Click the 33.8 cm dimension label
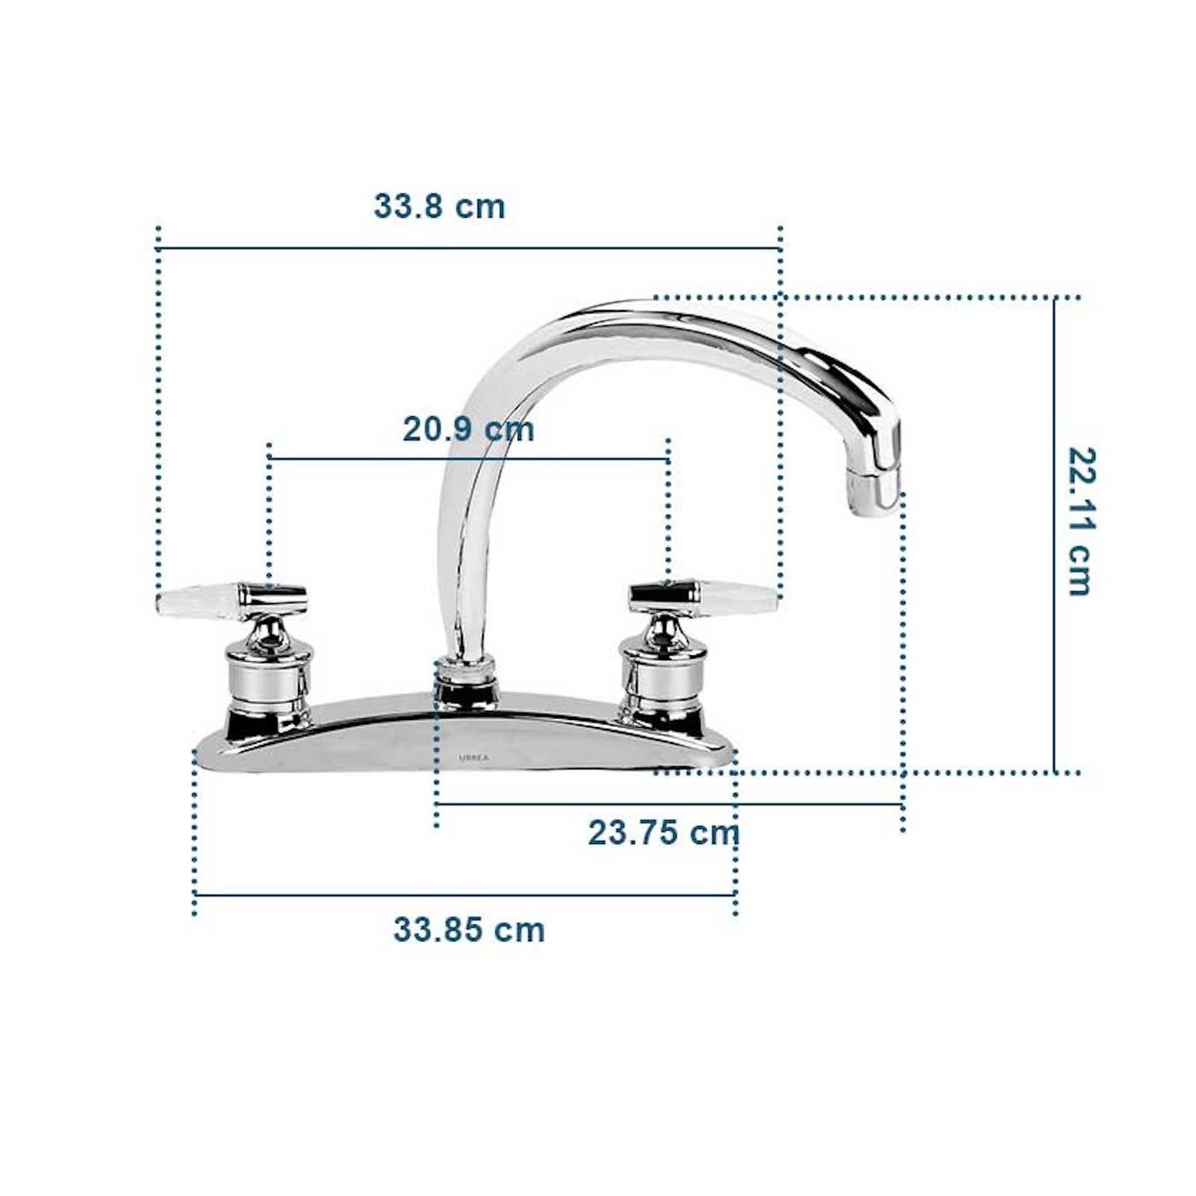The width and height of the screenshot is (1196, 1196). (x=439, y=207)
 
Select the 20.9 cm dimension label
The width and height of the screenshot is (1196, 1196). (x=468, y=429)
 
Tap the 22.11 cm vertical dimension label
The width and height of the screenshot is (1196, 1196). (x=1080, y=521)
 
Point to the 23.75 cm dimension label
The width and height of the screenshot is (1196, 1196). (x=663, y=833)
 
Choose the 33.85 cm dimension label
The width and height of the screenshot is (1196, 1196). (x=469, y=930)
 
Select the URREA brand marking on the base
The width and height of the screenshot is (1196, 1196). (x=474, y=758)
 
